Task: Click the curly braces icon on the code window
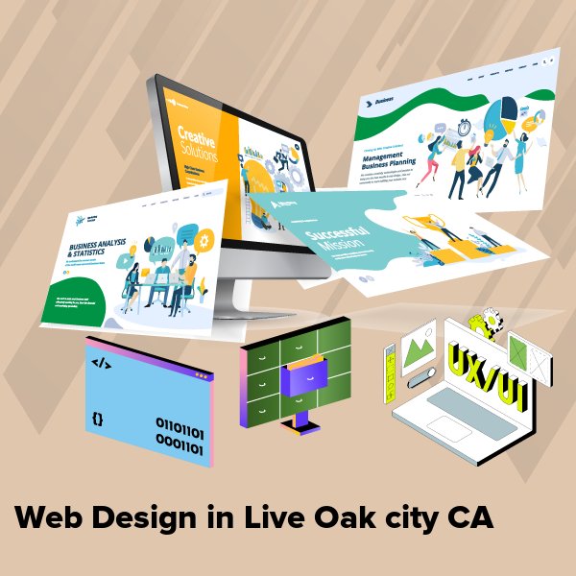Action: (x=98, y=419)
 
